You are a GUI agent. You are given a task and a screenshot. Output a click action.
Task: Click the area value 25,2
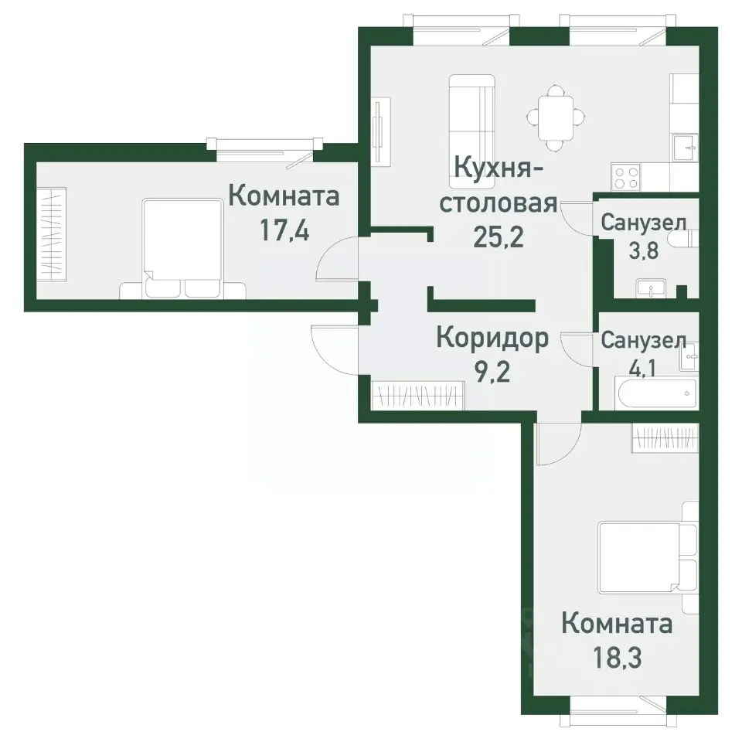point(498,236)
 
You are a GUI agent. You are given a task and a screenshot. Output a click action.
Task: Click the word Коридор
point(492,338)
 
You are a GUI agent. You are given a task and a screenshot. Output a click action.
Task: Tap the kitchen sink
point(684,147)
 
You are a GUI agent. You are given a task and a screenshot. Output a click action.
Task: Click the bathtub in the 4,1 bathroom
point(655,395)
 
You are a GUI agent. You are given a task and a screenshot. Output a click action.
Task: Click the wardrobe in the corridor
point(417,396)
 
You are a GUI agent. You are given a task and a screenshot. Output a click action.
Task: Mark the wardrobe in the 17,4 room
point(53,233)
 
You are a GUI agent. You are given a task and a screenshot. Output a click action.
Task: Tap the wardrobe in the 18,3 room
point(665,439)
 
